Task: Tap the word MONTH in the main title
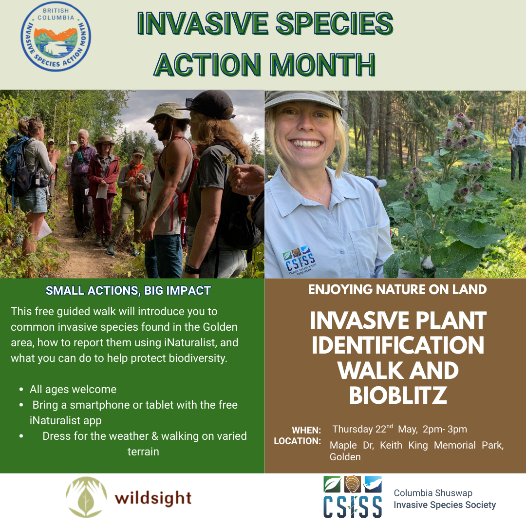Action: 322,64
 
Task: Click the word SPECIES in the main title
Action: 334,23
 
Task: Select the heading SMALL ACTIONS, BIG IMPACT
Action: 128,290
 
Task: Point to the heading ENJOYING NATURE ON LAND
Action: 397,289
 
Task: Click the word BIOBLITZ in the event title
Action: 398,395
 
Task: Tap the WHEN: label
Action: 306,430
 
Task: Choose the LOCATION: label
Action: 297,441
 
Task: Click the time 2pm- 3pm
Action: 445,430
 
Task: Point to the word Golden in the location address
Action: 345,457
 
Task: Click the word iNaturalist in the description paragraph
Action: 190,342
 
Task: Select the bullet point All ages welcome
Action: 73,389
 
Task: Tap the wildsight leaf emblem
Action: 86,497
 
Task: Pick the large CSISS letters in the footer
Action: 353,507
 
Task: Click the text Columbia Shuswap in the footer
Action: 433,493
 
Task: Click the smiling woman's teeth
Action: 306,144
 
